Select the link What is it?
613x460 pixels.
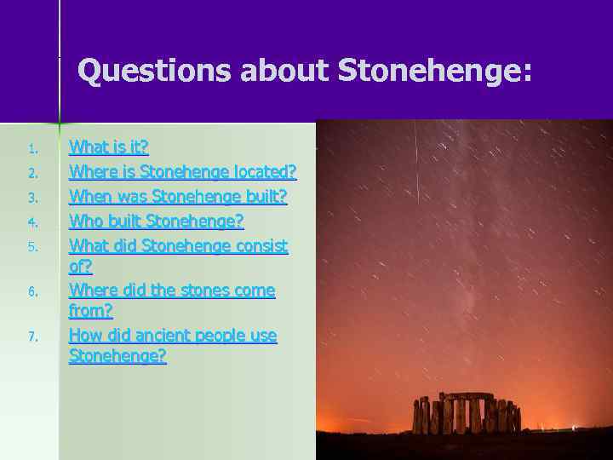tap(108, 147)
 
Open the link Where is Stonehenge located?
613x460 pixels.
tap(182, 172)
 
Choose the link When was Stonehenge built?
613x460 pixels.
tap(178, 197)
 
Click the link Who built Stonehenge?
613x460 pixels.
tap(156, 221)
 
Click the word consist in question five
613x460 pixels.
tap(260, 246)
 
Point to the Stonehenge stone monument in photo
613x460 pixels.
tap(466, 415)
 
